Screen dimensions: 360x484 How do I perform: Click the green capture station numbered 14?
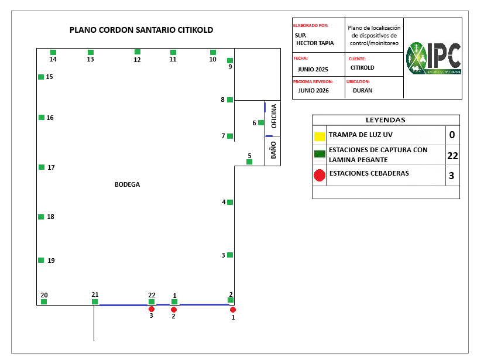point(53,52)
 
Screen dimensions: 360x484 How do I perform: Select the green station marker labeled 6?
point(261,122)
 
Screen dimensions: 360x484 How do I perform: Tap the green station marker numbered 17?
point(42,167)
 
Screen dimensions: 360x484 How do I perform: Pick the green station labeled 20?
point(44,301)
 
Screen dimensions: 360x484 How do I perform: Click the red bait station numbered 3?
point(152,308)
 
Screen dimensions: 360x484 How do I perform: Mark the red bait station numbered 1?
point(233,309)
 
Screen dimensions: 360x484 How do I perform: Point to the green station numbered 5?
point(249,162)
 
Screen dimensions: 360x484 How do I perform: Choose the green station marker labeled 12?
point(138,52)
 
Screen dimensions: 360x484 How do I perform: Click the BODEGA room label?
point(127,184)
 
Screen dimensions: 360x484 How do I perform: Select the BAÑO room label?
point(273,150)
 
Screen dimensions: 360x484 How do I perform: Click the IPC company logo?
point(433,59)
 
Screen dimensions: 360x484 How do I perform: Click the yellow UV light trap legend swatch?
point(320,137)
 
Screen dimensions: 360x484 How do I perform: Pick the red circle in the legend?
point(320,175)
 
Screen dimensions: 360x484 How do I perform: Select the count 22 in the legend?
point(452,156)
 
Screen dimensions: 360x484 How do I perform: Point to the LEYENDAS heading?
point(385,120)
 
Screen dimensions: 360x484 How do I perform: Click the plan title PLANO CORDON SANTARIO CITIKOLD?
point(141,30)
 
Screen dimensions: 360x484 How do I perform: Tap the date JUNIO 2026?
point(313,91)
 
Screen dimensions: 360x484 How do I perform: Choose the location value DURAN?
point(362,91)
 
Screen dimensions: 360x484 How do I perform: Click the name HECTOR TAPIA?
point(315,43)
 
